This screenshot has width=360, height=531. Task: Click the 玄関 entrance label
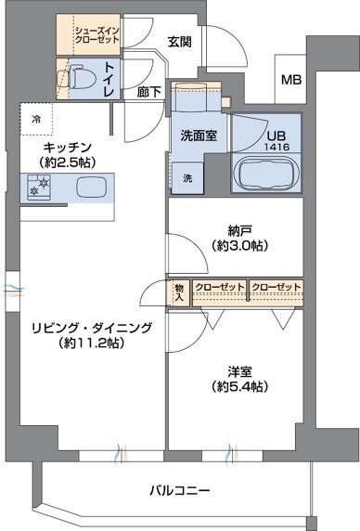click(x=181, y=41)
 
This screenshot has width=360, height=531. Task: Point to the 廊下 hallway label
click(x=148, y=92)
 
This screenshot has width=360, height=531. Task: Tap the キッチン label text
click(x=65, y=147)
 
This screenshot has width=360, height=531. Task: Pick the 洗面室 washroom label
click(x=198, y=135)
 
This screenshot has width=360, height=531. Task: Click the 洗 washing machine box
click(x=186, y=177)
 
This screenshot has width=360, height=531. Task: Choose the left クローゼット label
click(x=219, y=286)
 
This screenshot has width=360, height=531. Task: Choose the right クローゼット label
click(x=276, y=286)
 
